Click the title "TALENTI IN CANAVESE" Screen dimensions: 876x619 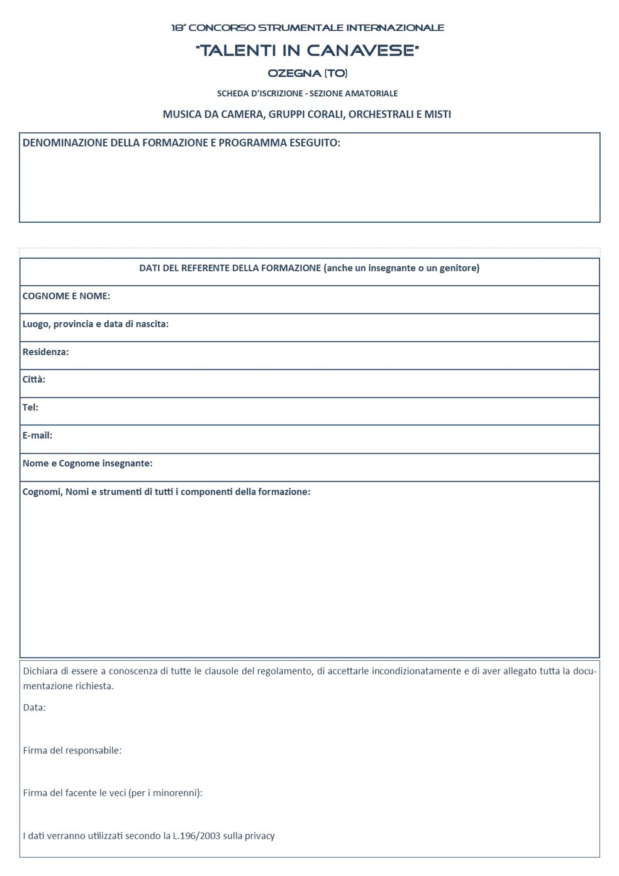pyautogui.click(x=308, y=50)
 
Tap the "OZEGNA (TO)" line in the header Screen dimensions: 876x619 pyautogui.click(x=308, y=73)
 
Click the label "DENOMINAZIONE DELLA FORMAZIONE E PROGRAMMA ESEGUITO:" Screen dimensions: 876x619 pyautogui.click(x=181, y=143)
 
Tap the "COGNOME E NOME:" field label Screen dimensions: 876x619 pyautogui.click(x=66, y=296)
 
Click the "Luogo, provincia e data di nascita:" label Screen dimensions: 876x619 pyautogui.click(x=96, y=324)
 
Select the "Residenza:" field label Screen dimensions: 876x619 pyautogui.click(x=45, y=352)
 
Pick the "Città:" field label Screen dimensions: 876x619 pyautogui.click(x=34, y=379)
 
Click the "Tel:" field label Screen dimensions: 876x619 pyautogui.click(x=30, y=407)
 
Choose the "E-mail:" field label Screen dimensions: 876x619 pyautogui.click(x=37, y=435)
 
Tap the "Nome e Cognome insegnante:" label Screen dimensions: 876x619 pyautogui.click(x=87, y=463)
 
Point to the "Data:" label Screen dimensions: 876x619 pyautogui.click(x=35, y=707)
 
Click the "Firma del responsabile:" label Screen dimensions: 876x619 pyautogui.click(x=72, y=750)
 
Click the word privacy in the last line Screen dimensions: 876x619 pyautogui.click(x=260, y=836)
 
